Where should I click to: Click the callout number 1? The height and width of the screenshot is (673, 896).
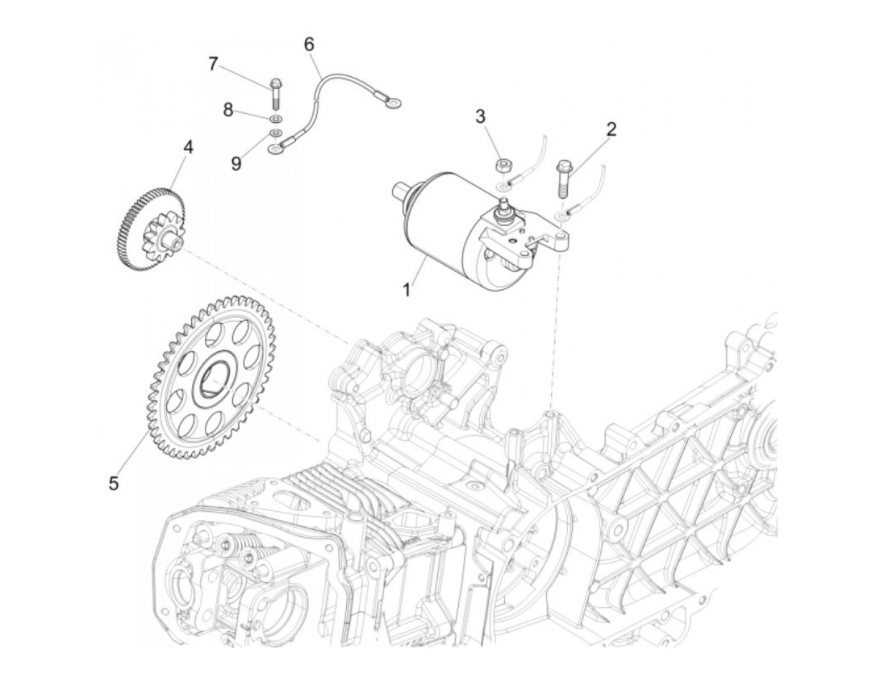(406, 290)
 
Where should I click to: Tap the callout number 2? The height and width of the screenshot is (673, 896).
(611, 130)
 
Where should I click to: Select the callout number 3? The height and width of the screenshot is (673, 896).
(498, 117)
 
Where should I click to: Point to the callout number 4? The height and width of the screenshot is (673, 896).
(188, 146)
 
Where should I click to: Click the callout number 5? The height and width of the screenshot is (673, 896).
(113, 484)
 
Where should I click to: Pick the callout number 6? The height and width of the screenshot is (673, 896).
(309, 44)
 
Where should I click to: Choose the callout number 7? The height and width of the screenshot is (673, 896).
(212, 63)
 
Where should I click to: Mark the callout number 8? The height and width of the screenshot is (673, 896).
(228, 110)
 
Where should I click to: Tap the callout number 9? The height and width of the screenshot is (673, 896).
(236, 164)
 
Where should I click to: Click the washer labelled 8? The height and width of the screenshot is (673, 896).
(276, 119)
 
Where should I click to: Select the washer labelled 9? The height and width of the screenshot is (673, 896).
(276, 132)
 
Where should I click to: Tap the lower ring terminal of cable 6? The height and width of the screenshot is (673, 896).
(275, 150)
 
